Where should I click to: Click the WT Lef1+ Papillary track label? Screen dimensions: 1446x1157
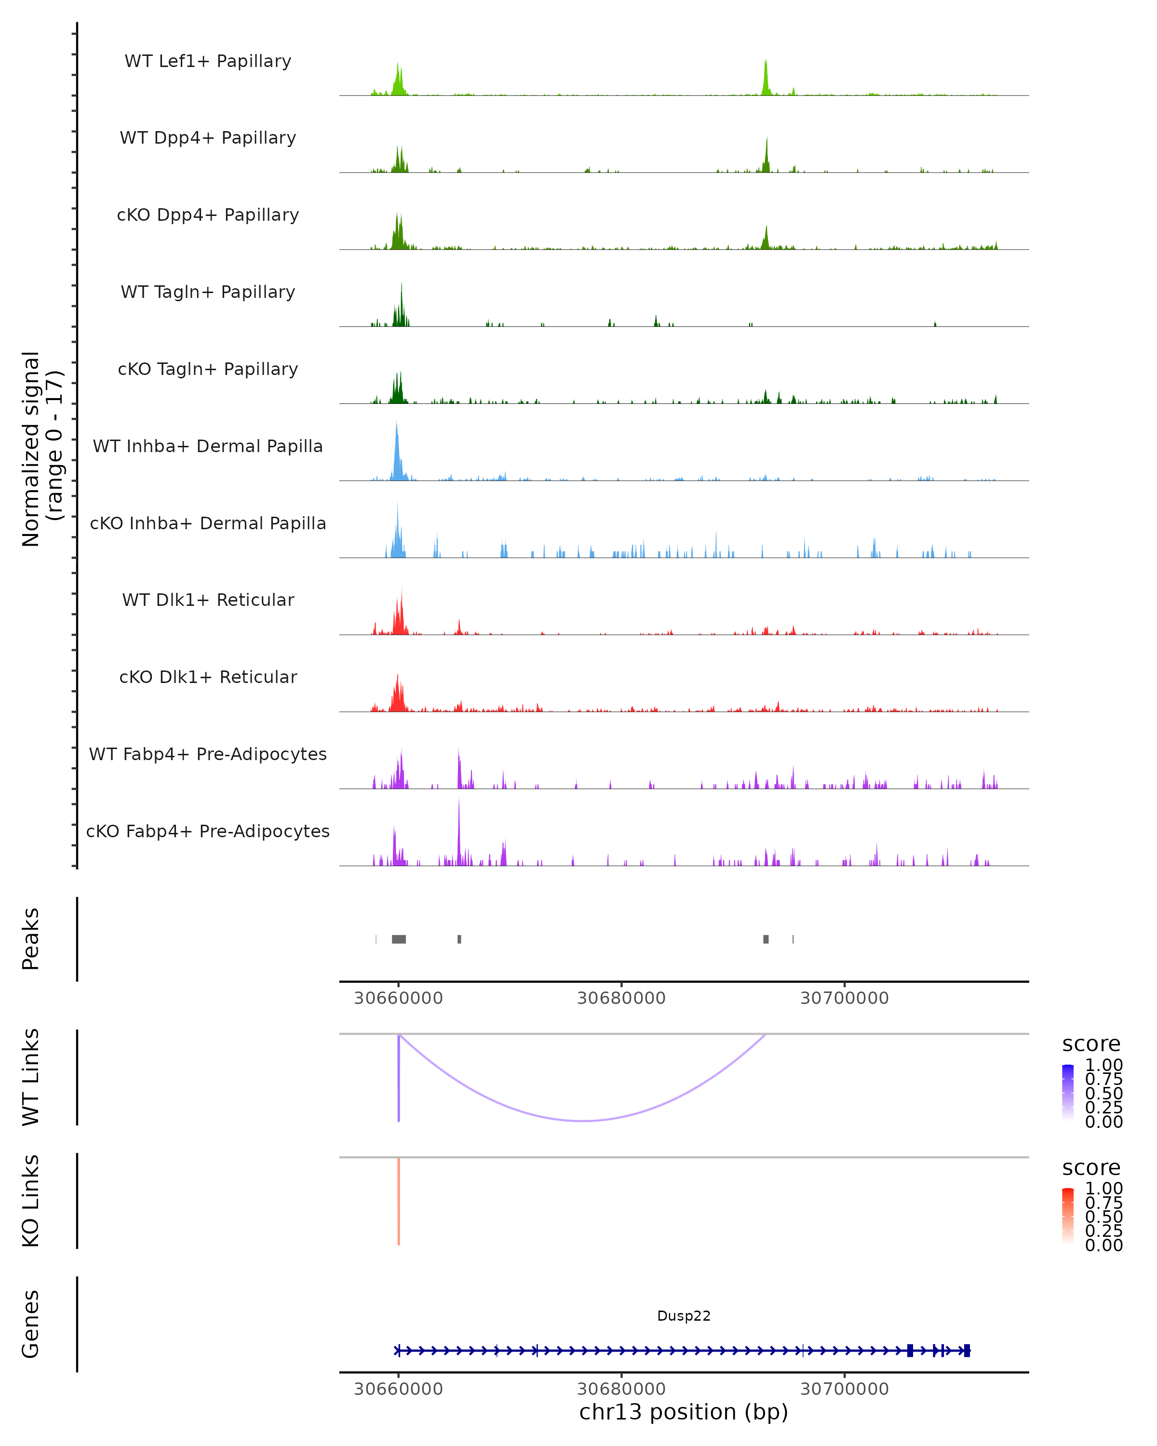(x=208, y=61)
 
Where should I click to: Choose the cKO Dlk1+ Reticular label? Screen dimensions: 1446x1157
(x=208, y=677)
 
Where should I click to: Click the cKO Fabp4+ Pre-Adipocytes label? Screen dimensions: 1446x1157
(x=208, y=831)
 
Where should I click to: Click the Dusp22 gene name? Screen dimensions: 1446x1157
(x=684, y=1315)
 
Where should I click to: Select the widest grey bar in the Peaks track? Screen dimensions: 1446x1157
(x=398, y=939)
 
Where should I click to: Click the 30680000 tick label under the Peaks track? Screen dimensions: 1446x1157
(x=621, y=998)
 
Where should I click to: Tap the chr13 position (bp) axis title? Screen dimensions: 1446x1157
(x=684, y=1412)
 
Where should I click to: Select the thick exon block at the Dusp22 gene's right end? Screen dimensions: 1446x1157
(x=967, y=1350)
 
